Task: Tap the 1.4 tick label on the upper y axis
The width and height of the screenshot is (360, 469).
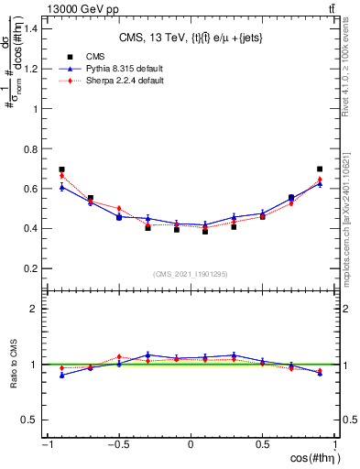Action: (30, 27)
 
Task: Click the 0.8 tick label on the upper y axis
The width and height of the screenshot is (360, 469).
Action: (30, 148)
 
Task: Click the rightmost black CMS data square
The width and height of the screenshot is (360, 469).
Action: (320, 169)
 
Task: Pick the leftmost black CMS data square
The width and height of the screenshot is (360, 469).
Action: (61, 169)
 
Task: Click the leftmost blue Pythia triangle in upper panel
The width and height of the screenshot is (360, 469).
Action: (61, 187)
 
